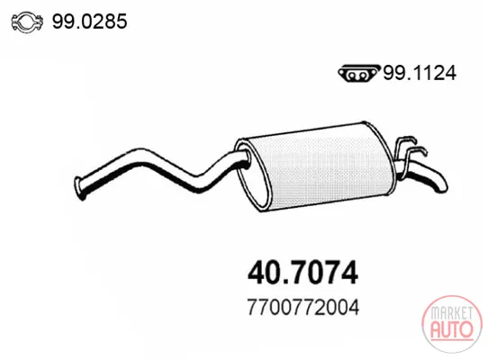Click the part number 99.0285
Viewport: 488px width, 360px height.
(90, 22)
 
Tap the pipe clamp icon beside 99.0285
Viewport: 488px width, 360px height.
(27, 22)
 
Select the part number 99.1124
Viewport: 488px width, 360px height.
(420, 73)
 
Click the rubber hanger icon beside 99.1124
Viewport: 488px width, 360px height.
(359, 74)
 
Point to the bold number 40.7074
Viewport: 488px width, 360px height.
(303, 273)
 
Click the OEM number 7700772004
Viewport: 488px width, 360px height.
(303, 307)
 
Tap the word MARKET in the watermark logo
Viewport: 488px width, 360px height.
(452, 313)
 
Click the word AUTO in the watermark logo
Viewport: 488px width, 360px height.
(452, 329)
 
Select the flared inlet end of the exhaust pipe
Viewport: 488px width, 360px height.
(78, 188)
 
